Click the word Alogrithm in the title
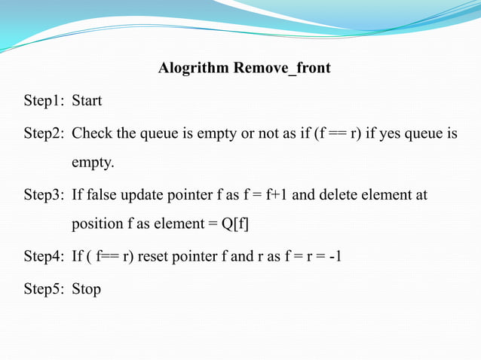194,69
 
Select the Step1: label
44,100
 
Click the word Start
87,100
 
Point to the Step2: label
44,134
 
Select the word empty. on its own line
93,163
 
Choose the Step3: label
44,195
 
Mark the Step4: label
44,256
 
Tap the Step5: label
44,288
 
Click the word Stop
86,288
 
